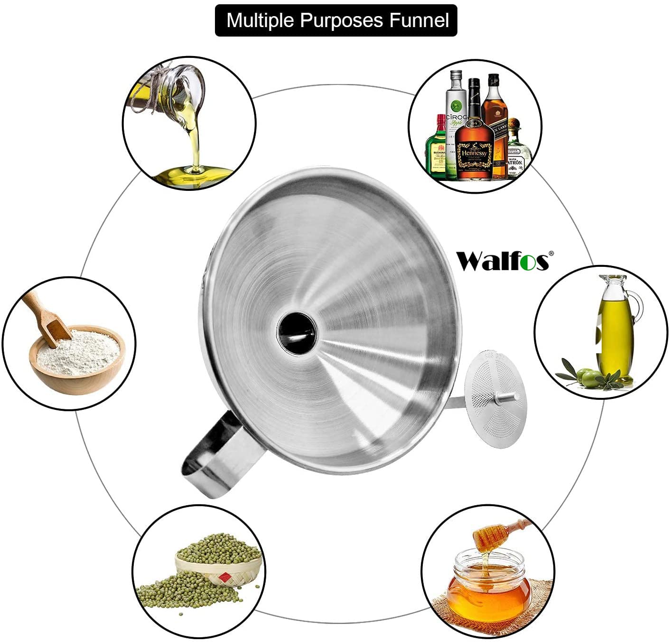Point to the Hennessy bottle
(x=474, y=138)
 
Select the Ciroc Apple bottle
(x=456, y=114)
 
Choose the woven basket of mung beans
(x=218, y=567)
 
